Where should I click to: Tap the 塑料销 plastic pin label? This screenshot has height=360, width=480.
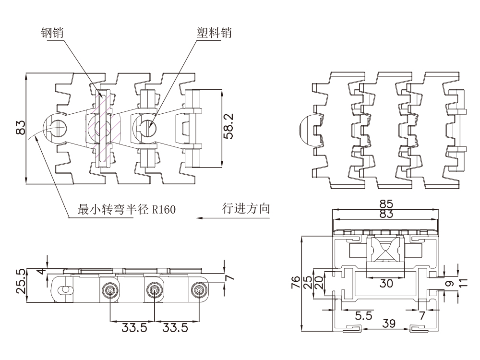[214, 33]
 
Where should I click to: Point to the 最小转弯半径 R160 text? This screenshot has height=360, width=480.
[127, 210]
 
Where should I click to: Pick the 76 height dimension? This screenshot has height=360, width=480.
[295, 283]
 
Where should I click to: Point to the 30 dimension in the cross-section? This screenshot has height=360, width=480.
[386, 283]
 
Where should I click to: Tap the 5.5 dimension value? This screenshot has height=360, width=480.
[364, 316]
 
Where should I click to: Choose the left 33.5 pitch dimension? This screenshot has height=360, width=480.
[133, 328]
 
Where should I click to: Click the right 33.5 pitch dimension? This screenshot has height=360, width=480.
[175, 328]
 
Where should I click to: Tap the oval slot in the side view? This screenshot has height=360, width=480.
[64, 289]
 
